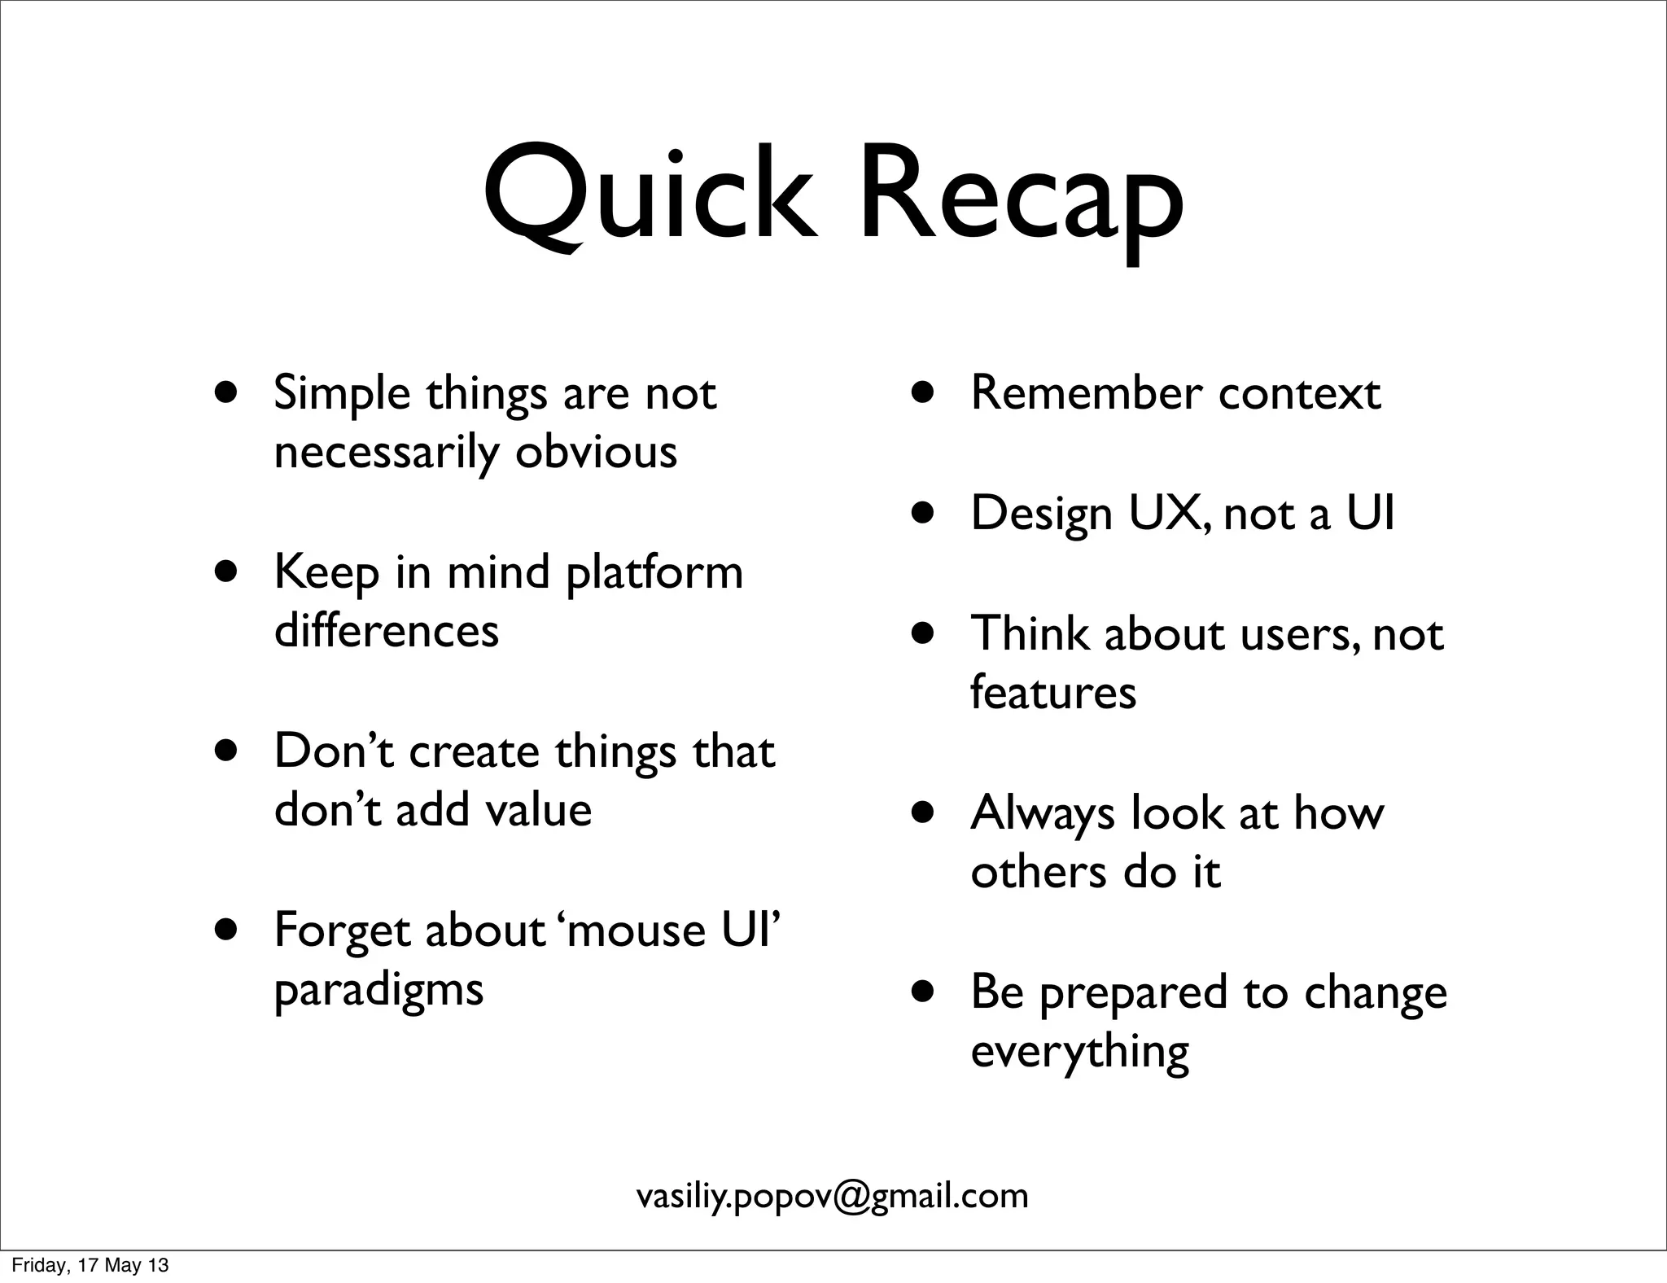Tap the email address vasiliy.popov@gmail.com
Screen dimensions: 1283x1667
(x=832, y=1195)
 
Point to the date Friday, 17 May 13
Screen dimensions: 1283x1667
(x=90, y=1265)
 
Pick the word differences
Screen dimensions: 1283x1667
(x=387, y=630)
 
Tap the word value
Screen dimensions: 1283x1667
(x=538, y=809)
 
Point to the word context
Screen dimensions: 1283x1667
(x=1299, y=393)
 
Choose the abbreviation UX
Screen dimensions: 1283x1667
(x=1165, y=513)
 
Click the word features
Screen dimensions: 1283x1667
(x=1053, y=692)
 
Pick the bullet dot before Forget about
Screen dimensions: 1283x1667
(x=226, y=930)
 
